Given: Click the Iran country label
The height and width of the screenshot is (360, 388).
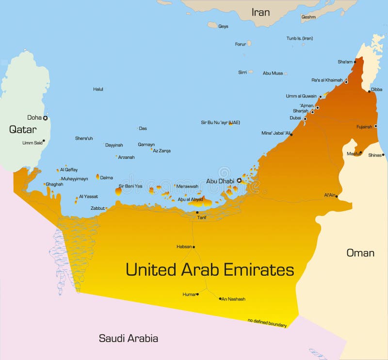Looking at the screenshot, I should [260, 12].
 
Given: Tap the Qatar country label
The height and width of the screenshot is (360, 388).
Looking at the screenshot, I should [22, 129].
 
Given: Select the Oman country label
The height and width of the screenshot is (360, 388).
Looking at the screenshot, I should [360, 253].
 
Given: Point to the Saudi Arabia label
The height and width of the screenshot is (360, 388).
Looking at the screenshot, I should [129, 338].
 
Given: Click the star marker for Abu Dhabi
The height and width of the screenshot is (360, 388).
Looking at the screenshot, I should [239, 181].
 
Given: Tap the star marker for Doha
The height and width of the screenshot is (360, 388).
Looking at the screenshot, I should [45, 118].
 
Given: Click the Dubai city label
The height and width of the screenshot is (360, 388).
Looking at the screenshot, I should [295, 118].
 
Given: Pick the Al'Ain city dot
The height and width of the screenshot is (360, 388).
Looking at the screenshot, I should [337, 196].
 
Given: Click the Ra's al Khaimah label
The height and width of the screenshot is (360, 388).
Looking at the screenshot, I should [327, 80].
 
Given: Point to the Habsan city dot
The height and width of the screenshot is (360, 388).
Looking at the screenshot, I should [194, 247].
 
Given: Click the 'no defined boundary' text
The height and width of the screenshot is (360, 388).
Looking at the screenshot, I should [267, 323].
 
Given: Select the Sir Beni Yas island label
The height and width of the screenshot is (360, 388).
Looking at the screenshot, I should [130, 186].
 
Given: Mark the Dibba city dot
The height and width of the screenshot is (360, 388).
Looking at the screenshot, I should [369, 91].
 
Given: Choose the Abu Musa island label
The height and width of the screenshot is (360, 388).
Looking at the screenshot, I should [273, 73].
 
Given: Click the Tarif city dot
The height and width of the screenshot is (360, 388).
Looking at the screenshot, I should [197, 212].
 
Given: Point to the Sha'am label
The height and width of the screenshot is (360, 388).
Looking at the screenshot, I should [345, 62].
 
